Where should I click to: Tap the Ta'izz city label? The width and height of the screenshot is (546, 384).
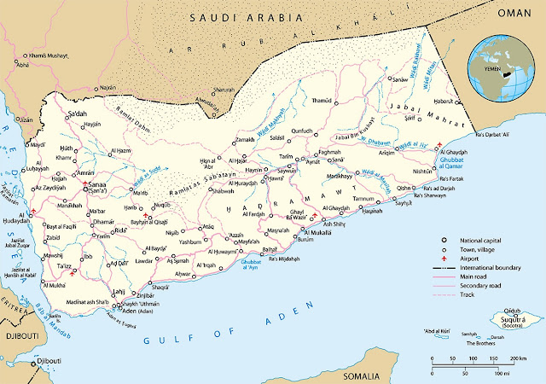pyautogui.click(x=64, y=266)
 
